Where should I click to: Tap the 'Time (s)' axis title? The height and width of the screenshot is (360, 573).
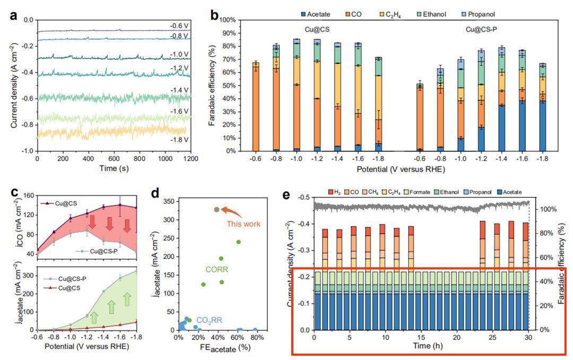[x=114, y=169]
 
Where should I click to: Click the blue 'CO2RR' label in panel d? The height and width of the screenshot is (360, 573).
[x=210, y=320]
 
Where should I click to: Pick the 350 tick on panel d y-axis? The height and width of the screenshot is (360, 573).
[x=169, y=202]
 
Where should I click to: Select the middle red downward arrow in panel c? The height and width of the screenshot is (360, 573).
[x=110, y=222]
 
